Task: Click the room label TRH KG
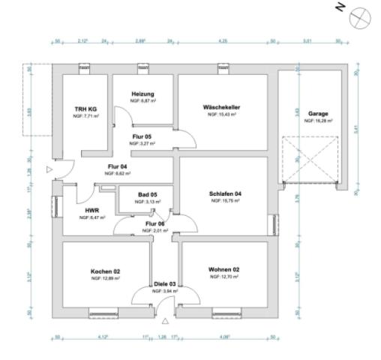point(83,109)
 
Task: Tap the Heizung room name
point(142,93)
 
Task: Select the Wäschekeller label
point(222,107)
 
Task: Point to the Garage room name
point(317,113)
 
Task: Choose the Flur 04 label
point(118,166)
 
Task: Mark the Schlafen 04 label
point(225,194)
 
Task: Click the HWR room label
point(93,211)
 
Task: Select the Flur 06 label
point(155,223)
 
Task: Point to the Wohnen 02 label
point(223,270)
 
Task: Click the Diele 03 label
point(166,284)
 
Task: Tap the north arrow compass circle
point(361,13)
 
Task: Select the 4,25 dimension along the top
point(223,40)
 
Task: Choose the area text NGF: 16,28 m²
point(318,120)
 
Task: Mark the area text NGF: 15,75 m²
point(225,201)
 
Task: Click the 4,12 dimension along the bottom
point(104,337)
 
